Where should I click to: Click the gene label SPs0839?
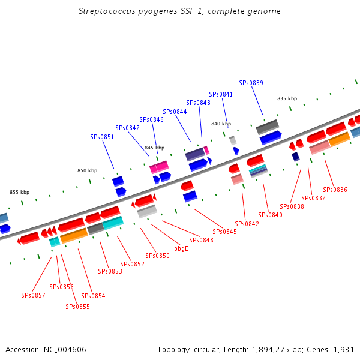(251, 83)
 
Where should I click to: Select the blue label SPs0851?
(102, 137)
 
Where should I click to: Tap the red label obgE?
(181, 248)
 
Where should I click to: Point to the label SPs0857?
(33, 295)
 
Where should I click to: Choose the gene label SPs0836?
(335, 190)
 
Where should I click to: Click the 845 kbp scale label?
(155, 148)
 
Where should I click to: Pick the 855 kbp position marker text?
(20, 192)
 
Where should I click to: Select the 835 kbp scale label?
(287, 98)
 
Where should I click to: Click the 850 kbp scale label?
(87, 170)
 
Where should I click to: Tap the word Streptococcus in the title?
(107, 11)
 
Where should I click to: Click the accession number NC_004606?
(65, 350)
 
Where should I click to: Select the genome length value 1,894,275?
(270, 350)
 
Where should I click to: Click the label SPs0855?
(77, 307)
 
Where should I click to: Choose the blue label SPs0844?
(175, 112)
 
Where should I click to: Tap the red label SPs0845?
(224, 232)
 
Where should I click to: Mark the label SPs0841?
(221, 94)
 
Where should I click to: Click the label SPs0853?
(110, 271)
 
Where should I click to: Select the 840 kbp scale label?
(221, 124)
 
